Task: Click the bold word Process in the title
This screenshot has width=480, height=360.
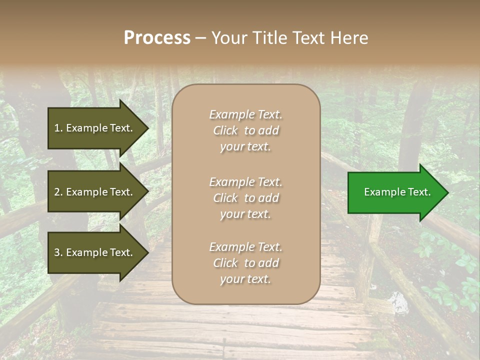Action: (157, 38)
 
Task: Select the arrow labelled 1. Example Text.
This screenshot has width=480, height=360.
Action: (95, 128)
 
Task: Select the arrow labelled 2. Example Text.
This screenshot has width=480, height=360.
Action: (95, 192)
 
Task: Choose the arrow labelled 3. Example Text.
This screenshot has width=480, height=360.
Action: (95, 252)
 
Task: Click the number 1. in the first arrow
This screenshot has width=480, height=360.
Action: (58, 128)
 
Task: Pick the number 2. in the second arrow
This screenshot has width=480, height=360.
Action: (58, 192)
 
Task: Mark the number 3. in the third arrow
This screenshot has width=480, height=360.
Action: (58, 252)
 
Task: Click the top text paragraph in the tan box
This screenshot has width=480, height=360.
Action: (245, 130)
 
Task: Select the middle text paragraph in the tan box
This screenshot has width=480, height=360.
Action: (245, 198)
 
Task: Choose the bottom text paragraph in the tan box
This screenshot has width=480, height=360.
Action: (245, 263)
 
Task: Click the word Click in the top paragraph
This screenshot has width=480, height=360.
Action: (225, 130)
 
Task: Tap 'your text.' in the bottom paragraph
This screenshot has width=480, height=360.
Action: (245, 279)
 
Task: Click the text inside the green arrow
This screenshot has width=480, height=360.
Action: (397, 192)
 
